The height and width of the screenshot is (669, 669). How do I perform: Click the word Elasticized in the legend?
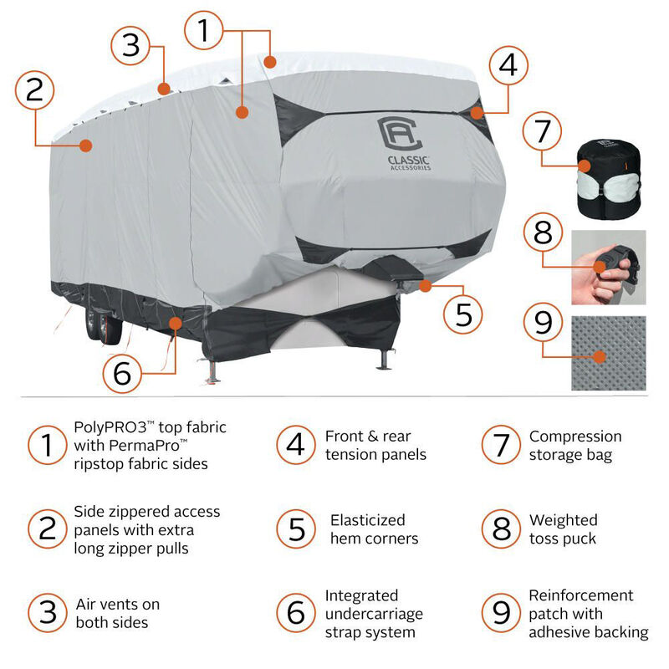pyautogui.click(x=367, y=519)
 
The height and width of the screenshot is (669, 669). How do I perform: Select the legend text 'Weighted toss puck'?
pyautogui.click(x=563, y=529)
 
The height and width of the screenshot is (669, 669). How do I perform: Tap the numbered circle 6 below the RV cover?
pyautogui.click(x=123, y=374)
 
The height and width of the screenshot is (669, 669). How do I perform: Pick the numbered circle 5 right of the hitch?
pyautogui.click(x=463, y=314)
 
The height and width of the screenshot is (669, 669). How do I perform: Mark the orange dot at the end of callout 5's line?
pyautogui.click(x=426, y=286)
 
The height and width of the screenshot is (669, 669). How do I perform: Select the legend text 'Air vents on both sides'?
pyautogui.click(x=117, y=613)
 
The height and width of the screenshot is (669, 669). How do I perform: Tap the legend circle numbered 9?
pyautogui.click(x=501, y=613)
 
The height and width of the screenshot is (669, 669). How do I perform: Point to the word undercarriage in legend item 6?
pyautogui.click(x=374, y=614)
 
